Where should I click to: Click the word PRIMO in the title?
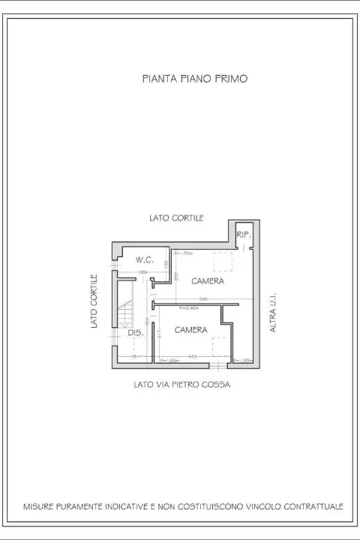click(231, 78)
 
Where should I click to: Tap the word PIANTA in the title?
click(158, 78)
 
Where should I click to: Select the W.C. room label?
click(145, 259)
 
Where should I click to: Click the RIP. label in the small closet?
click(243, 235)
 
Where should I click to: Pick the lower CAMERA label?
click(191, 330)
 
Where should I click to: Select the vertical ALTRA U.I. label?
click(274, 313)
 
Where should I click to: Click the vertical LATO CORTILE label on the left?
click(95, 301)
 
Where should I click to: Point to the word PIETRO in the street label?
click(190, 385)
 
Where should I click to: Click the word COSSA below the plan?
click(219, 385)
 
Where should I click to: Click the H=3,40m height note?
click(189, 307)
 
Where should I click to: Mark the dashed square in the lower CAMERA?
click(220, 346)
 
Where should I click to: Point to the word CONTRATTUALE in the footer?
click(310, 506)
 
